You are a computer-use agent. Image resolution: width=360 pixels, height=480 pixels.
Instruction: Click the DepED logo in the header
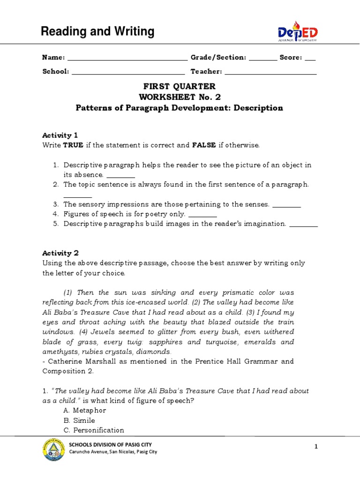[297, 32]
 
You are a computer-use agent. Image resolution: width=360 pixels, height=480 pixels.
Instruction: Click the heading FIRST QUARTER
[180, 86]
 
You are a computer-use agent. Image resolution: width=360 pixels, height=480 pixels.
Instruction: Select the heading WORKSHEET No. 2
[180, 97]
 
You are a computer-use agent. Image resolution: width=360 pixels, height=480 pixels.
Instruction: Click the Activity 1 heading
[57, 135]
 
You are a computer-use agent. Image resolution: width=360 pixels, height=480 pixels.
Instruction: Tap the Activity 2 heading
[57, 253]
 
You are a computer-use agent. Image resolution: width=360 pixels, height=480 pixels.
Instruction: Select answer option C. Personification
[94, 430]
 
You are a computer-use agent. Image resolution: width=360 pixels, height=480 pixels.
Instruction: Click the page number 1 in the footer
[316, 447]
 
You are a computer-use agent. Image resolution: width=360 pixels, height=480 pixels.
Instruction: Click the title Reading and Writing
[97, 32]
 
